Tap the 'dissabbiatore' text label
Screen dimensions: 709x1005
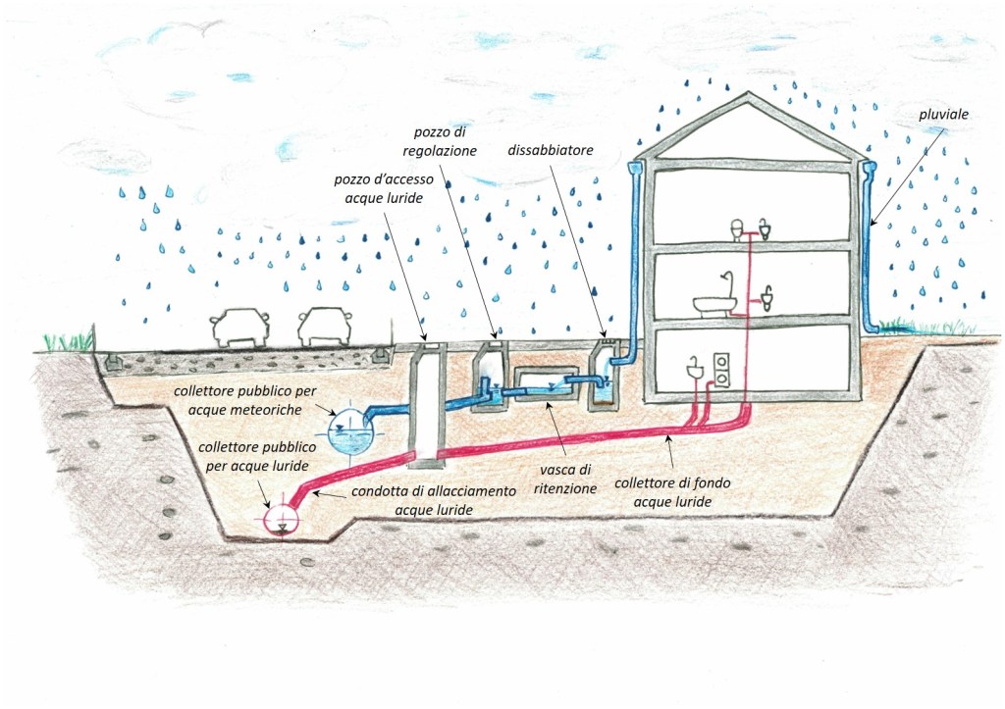(549, 152)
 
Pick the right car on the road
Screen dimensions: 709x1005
(325, 327)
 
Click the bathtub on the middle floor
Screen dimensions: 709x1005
(715, 305)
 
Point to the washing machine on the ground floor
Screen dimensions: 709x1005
(724, 368)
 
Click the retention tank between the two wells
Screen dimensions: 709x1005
(542, 384)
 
